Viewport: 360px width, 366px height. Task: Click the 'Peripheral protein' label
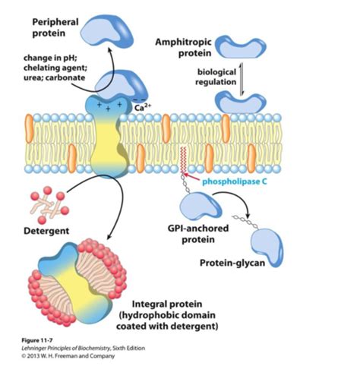[x=55, y=27]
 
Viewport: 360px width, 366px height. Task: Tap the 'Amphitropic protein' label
[x=183, y=48]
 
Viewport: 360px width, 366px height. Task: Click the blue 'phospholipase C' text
[x=235, y=181]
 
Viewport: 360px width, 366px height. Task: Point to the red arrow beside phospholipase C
[x=191, y=176]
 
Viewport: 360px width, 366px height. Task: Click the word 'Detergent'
[x=46, y=231]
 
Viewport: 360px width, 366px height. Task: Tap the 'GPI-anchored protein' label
[x=198, y=234]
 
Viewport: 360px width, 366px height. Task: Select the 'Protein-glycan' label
[x=232, y=263]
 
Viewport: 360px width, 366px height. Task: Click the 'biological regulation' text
[x=216, y=77]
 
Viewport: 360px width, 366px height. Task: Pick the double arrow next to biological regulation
[x=242, y=79]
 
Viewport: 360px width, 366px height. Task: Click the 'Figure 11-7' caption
[x=37, y=340]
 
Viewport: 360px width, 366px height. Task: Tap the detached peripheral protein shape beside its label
[x=107, y=30]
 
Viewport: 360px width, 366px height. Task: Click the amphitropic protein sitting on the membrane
[x=241, y=103]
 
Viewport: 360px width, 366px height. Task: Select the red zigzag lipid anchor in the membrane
[x=183, y=159]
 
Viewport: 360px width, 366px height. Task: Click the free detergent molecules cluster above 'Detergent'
[x=49, y=204]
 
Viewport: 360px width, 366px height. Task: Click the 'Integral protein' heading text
[x=167, y=304]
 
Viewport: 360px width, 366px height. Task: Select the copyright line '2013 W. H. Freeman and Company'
[x=68, y=356]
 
